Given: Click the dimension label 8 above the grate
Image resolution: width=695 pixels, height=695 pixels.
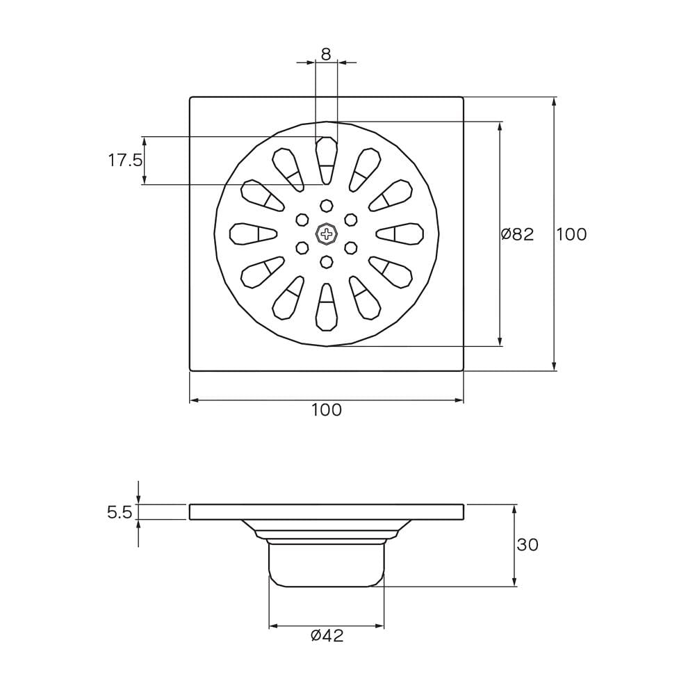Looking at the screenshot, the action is (x=326, y=54).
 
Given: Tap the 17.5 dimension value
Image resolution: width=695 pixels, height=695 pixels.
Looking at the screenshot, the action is (x=125, y=160).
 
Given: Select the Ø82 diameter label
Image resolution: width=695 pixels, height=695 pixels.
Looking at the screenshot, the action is (x=517, y=234).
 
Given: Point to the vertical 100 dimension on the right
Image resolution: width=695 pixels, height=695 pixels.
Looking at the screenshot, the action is (x=571, y=234).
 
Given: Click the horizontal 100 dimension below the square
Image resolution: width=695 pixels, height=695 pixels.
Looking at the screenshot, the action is (x=327, y=410).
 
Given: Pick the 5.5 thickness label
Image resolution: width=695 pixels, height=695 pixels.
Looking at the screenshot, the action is (x=120, y=512).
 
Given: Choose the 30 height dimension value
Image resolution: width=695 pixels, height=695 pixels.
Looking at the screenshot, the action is (x=528, y=544).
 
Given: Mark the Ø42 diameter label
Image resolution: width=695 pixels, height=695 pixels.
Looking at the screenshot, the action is (x=327, y=636).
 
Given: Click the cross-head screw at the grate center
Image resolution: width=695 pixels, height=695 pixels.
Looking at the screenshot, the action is (x=327, y=234).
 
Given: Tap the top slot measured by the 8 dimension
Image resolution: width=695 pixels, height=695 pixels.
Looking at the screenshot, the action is (x=327, y=161).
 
